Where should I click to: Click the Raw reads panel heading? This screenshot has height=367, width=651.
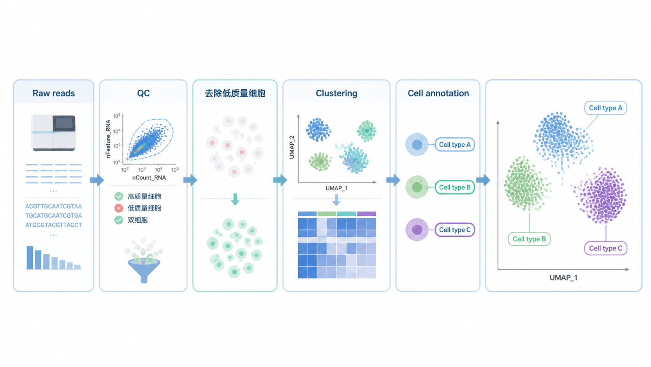pyautogui.click(x=53, y=93)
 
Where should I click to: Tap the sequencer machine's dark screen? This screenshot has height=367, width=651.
pyautogui.click(x=64, y=123)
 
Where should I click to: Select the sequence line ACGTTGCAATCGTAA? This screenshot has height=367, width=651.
pyautogui.click(x=53, y=206)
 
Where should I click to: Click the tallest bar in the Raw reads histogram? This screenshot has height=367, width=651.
pyautogui.click(x=30, y=257)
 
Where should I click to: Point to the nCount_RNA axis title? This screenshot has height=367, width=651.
pyautogui.click(x=149, y=177)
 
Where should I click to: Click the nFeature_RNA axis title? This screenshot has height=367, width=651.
pyautogui.click(x=108, y=139)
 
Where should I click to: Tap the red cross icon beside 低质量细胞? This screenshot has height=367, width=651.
pyautogui.click(x=119, y=208)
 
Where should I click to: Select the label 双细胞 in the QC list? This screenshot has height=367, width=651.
pyautogui.click(x=137, y=220)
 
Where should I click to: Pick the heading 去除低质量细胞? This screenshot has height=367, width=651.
pyautogui.click(x=235, y=93)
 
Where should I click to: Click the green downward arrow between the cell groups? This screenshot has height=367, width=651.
pyautogui.click(x=235, y=199)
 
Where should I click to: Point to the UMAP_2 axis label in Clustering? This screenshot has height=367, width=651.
pyautogui.click(x=292, y=147)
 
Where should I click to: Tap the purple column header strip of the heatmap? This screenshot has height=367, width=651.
pyautogui.click(x=366, y=214)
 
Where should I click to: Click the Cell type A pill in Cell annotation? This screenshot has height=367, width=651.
pyautogui.click(x=454, y=145)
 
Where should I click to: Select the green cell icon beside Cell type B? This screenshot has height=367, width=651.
pyautogui.click(x=417, y=187)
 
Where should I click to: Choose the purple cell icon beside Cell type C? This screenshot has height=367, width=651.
pyautogui.click(x=417, y=230)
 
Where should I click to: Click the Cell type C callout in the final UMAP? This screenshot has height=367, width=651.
pyautogui.click(x=606, y=248)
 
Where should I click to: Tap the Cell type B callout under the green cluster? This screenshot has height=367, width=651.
pyautogui.click(x=529, y=239)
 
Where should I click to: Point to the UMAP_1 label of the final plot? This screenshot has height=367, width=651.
pyautogui.click(x=563, y=278)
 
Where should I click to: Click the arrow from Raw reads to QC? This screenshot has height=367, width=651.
pyautogui.click(x=97, y=180)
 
